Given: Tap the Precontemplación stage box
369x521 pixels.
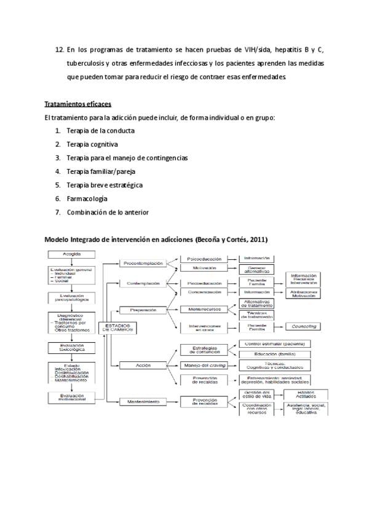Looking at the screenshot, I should pyautogui.click(x=143, y=263).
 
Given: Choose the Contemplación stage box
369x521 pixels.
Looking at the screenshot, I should pyautogui.click(x=143, y=283).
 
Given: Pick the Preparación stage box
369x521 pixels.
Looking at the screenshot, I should pyautogui.click(x=143, y=310).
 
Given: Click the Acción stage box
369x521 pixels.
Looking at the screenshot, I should pyautogui.click(x=143, y=365).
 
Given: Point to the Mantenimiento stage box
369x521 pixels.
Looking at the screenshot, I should pyautogui.click(x=143, y=402).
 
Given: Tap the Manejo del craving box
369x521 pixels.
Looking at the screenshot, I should pyautogui.click(x=205, y=365).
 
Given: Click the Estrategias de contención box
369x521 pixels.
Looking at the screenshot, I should pyautogui.click(x=205, y=349).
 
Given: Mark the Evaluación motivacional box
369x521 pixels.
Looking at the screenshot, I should pyautogui.click(x=72, y=397).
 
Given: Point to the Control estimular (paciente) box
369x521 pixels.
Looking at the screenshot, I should pyautogui.click(x=274, y=343).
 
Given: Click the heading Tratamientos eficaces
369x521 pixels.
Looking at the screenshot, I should pyautogui.click(x=77, y=103).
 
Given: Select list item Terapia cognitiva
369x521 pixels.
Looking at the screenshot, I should pyautogui.click(x=92, y=144).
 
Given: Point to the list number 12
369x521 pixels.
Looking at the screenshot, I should pyautogui.click(x=59, y=50).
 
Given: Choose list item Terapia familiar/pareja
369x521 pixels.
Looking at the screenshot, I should pyautogui.click(x=101, y=171).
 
